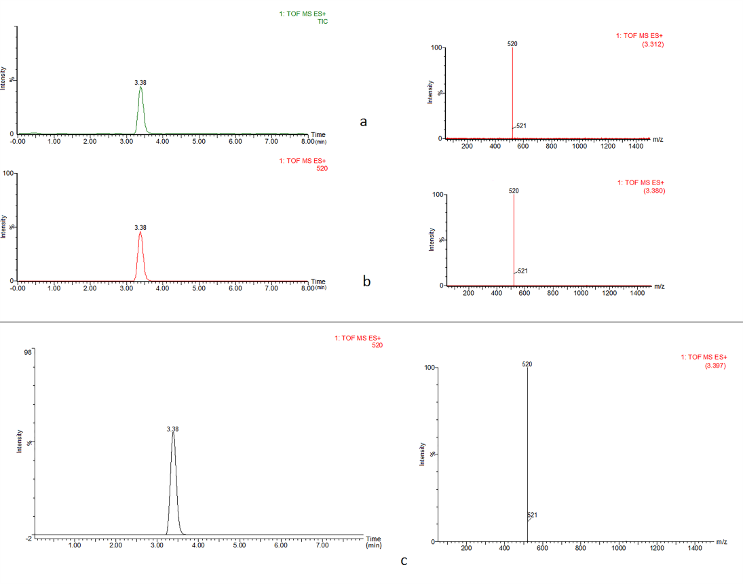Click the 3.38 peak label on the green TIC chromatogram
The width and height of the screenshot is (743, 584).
140,82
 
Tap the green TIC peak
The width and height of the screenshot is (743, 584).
140,89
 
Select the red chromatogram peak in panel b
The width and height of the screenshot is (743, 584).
140,234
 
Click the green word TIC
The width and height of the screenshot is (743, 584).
322,22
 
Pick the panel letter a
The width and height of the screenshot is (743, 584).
364,121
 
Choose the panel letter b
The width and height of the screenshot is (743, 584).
366,281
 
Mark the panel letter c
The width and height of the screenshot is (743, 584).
404,561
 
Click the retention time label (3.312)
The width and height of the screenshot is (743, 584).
652,44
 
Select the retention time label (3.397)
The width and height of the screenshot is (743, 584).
716,366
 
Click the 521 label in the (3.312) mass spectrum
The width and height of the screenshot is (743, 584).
522,125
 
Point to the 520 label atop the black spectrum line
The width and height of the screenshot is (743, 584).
527,364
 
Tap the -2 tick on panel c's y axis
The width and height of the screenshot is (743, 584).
28,538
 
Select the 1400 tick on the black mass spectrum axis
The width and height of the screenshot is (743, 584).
695,548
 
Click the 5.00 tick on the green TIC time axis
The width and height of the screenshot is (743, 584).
199,141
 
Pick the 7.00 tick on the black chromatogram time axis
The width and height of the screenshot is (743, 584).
322,545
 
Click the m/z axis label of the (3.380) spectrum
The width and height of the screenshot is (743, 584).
659,286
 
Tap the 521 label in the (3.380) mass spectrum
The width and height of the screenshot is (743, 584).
522,271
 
